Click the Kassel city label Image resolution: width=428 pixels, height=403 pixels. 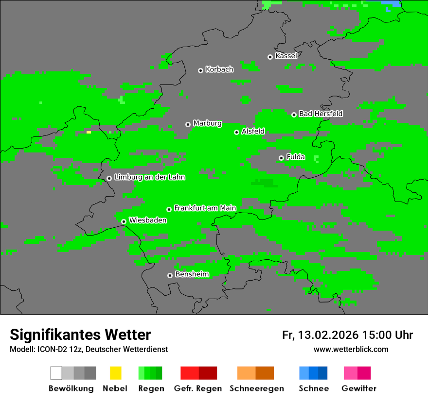pos(286,56)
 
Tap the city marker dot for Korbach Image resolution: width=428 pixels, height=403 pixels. pos(200,70)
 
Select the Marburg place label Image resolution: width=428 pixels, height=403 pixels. pos(207,123)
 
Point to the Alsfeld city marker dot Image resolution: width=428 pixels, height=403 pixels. pos(236,132)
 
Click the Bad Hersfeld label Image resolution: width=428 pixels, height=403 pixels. pos(321,114)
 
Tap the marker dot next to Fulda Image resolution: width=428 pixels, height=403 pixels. pos(281,158)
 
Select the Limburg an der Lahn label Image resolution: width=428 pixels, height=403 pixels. pos(149,177)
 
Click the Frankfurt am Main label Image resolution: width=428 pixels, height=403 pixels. pos(205,208)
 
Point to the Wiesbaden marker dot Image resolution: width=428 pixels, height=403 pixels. pos(124,221)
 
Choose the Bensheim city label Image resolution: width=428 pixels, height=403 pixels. pos(192,274)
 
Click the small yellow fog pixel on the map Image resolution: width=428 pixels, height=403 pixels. pos(89,132)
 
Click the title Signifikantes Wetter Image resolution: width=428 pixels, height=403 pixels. pos(80,335)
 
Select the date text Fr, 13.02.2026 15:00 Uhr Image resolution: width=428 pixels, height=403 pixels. pos(347,335)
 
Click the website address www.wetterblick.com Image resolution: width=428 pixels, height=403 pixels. pos(351,349)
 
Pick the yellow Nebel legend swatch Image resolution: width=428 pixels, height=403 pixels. pos(115,373)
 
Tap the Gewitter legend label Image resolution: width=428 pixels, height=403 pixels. pos(358,388)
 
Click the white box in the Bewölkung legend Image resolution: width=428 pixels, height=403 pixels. pos(56,373)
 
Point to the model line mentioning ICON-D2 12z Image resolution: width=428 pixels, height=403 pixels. pos(89,349)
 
